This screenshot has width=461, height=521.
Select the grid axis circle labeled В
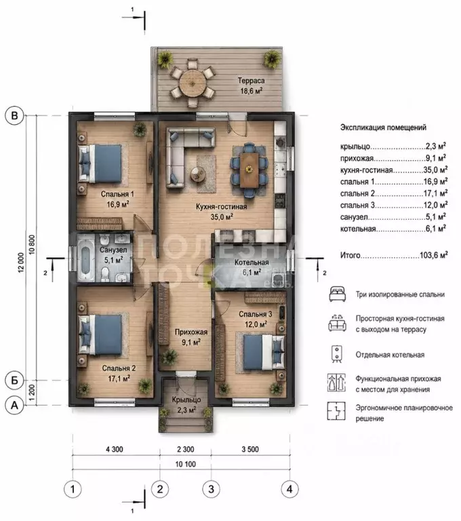[14, 115]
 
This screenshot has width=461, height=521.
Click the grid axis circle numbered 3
[211, 489]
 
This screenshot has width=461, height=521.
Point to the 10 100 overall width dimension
[185, 464]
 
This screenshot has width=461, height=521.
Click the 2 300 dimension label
[185, 449]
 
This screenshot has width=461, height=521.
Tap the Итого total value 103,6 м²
[433, 255]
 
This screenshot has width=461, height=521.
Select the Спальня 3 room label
[256, 314]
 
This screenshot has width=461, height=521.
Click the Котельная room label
[252, 262]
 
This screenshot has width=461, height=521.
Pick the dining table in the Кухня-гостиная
[249, 170]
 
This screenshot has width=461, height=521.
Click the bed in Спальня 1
[100, 163]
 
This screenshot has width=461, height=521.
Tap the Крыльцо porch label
[186, 400]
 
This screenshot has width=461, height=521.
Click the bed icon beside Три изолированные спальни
[337, 294]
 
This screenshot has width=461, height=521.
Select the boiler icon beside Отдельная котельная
[337, 354]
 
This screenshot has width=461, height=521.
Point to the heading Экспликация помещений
[383, 128]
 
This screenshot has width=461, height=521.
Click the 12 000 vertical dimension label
[21, 263]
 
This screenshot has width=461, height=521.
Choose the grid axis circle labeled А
[14, 405]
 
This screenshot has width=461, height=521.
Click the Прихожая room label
[191, 332]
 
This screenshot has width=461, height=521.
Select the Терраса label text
[251, 81]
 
